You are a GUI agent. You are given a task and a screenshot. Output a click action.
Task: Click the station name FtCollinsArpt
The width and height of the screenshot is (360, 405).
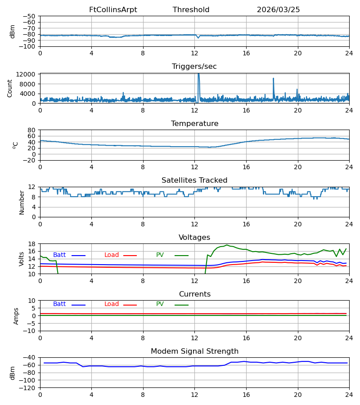tap(113, 10)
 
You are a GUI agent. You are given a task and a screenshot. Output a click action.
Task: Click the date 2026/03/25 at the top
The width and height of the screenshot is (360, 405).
tap(279, 10)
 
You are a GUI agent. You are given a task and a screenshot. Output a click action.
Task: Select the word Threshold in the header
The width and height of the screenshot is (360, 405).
tap(191, 10)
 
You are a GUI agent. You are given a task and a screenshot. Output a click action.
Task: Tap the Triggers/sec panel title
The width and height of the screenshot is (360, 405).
tap(194, 67)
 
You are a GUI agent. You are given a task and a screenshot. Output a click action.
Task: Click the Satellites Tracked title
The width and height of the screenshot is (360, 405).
tap(194, 180)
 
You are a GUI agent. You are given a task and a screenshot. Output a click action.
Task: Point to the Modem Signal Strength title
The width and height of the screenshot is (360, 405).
tap(195, 351)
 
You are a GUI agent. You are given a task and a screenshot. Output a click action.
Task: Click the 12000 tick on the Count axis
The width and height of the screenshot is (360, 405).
tap(26, 74)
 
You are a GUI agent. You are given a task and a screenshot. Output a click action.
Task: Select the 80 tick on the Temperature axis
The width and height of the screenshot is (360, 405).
tap(31, 130)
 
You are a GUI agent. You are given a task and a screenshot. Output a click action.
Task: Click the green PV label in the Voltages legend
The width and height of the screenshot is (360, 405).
tap(160, 255)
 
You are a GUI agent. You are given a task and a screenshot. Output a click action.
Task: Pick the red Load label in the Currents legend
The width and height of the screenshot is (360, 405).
tap(112, 304)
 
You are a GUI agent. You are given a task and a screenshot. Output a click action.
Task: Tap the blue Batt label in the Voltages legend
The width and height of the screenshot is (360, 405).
tap(59, 255)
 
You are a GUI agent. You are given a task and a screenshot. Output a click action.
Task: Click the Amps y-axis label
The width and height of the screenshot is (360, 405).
tap(16, 316)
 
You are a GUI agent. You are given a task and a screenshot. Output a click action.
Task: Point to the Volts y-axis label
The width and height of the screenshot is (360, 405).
tap(21, 259)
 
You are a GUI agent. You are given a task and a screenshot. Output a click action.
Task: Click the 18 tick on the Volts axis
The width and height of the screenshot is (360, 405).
tap(31, 244)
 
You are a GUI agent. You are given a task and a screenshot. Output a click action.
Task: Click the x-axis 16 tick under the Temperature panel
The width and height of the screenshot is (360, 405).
tap(246, 167)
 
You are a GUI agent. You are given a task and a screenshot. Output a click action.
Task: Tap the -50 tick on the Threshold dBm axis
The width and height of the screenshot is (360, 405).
tap(29, 16)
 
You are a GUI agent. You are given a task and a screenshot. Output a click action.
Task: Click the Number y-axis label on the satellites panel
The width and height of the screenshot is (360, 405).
tap(22, 203)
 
